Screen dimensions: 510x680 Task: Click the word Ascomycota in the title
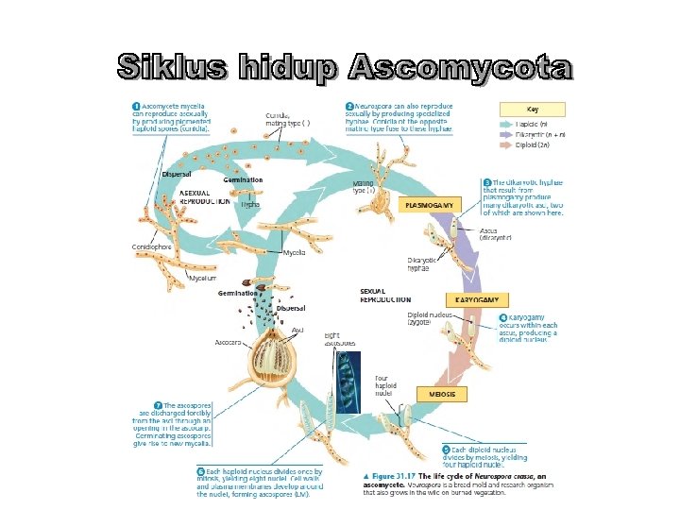click(460, 69)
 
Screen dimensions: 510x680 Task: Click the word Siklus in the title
click(173, 69)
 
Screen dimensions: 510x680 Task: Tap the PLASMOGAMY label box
click(429, 204)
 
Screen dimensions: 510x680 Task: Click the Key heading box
click(533, 109)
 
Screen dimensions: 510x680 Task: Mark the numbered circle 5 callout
click(446, 450)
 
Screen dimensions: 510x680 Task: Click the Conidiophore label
click(151, 247)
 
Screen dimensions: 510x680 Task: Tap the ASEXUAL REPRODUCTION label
click(204, 196)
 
